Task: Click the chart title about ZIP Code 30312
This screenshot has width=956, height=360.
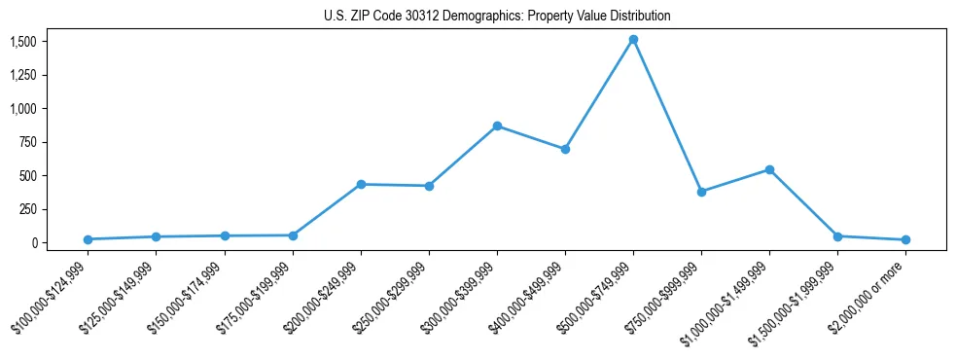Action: pos(497,17)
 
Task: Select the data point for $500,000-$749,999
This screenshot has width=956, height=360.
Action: pos(633,40)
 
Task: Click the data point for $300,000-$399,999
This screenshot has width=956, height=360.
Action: pos(497,126)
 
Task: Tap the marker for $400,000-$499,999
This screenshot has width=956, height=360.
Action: pos(565,149)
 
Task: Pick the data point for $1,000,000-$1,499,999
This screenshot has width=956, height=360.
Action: pos(769,169)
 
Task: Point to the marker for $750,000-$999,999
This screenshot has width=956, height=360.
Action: pos(701,192)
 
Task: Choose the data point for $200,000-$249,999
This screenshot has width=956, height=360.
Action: pos(361,184)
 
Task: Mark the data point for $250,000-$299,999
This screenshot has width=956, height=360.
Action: pos(429,186)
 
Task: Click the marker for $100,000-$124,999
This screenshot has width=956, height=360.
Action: pos(89,239)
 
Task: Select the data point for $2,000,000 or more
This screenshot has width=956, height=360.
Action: pos(905,239)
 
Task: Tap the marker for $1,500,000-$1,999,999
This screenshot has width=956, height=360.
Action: pos(837,236)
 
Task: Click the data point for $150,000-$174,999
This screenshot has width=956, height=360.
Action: pos(225,235)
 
